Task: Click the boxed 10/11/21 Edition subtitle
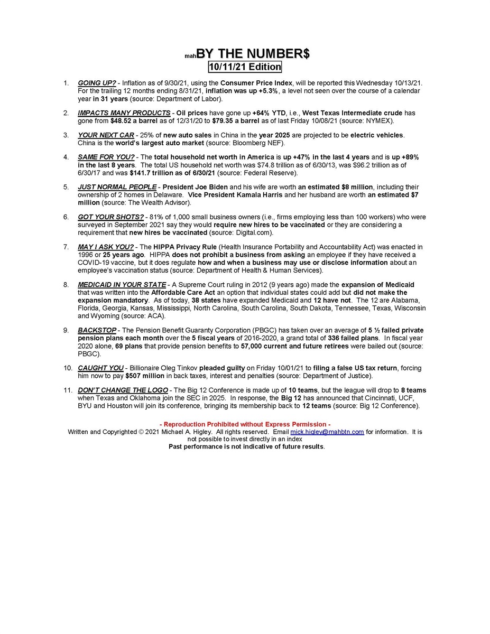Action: point(245,67)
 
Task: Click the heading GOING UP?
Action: point(97,83)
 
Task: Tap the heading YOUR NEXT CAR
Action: point(106,135)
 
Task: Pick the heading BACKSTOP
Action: point(97,330)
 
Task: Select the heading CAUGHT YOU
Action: point(100,368)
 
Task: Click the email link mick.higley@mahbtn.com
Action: point(327,432)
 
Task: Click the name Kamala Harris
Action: point(258,195)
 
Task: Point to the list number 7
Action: point(66,247)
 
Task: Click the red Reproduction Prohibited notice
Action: point(245,424)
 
